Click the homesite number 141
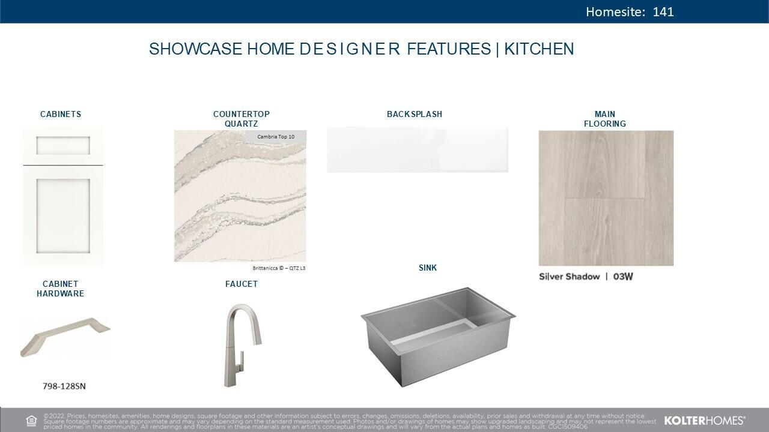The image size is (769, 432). tap(663, 12)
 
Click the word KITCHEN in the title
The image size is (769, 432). tap(539, 49)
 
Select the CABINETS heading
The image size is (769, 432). tap(61, 114)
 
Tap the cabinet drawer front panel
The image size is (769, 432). tap(63, 145)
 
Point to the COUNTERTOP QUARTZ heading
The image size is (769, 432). tap(242, 119)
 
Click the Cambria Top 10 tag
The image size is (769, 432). tap(276, 137)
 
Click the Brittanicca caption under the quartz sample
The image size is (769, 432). tap(279, 268)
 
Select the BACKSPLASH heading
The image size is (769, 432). tap(415, 114)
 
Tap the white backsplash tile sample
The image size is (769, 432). tap(417, 149)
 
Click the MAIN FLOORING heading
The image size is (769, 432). tap(605, 119)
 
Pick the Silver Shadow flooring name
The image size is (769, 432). tap(569, 277)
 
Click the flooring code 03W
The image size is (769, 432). tap(623, 277)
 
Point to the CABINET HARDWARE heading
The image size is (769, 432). tap(60, 289)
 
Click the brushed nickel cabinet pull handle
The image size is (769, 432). tap(65, 335)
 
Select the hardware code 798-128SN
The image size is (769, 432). tap(64, 386)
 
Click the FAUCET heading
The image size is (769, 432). tap(242, 284)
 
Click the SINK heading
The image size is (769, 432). tap(428, 268)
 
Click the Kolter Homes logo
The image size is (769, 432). tap(705, 421)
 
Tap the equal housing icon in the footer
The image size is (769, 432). tap(32, 421)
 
